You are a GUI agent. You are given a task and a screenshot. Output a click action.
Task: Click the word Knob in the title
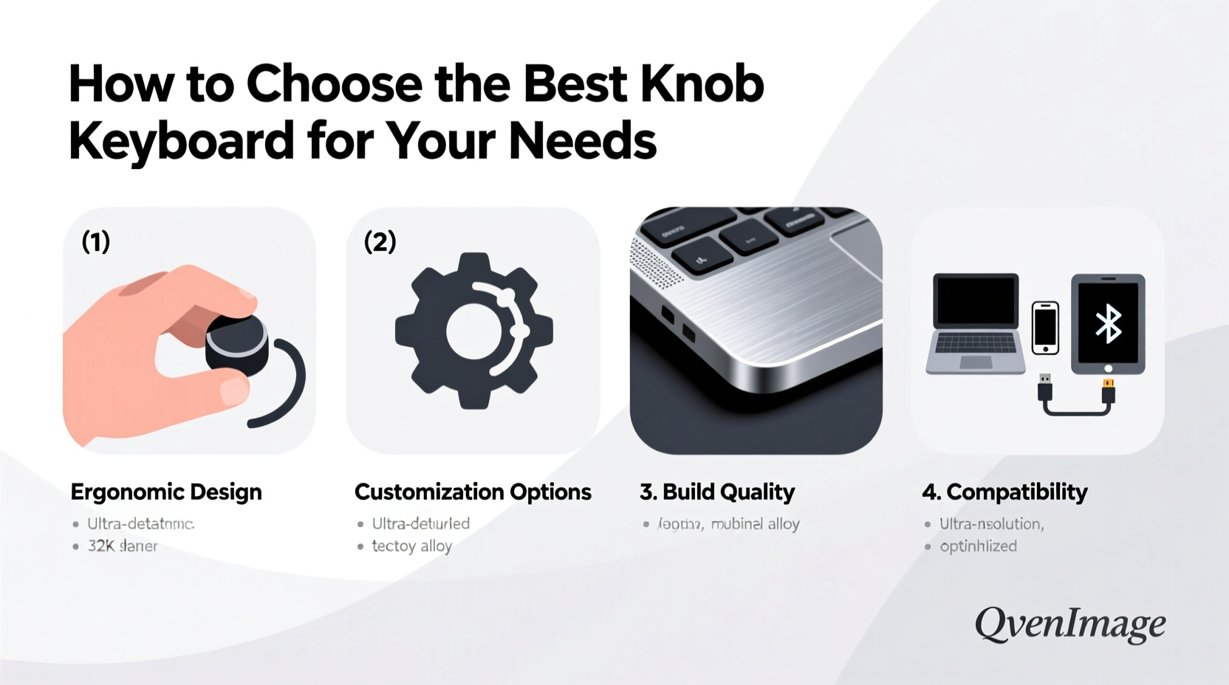click(x=702, y=84)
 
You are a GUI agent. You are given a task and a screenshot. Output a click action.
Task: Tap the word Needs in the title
click(x=583, y=140)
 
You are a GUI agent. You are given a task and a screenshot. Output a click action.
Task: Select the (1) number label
click(x=96, y=241)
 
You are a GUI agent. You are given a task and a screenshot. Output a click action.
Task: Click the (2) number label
click(x=380, y=241)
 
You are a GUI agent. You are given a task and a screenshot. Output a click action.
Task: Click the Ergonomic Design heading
click(x=166, y=492)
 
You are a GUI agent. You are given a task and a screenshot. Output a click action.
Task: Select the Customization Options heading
click(x=473, y=492)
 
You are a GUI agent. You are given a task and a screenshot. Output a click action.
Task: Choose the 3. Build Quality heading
click(x=717, y=492)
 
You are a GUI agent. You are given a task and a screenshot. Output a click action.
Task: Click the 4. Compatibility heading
click(x=1004, y=492)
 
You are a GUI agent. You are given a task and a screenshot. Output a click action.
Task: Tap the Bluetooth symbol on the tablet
click(x=1108, y=323)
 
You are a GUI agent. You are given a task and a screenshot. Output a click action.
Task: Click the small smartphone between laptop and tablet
click(x=1045, y=327)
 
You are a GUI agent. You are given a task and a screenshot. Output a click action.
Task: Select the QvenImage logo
click(x=1070, y=624)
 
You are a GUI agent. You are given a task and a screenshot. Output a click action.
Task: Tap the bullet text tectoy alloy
click(x=411, y=546)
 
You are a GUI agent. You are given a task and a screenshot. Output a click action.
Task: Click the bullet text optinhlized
click(x=978, y=546)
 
